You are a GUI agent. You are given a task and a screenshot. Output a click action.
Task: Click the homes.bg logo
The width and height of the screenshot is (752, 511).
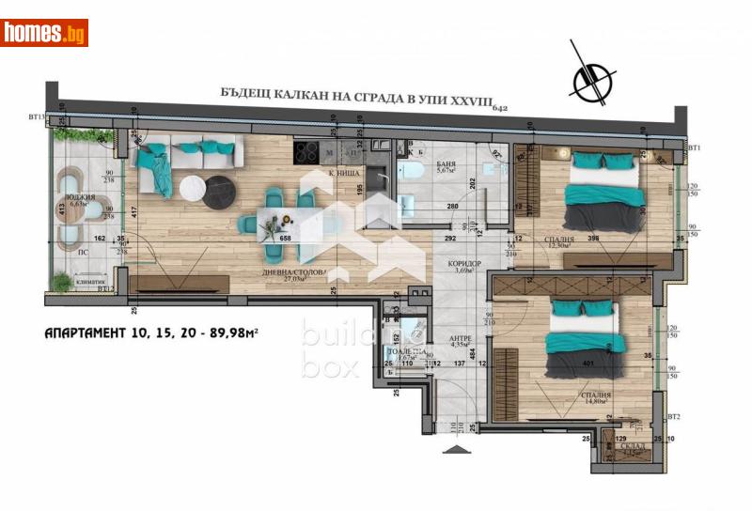(x=44, y=32)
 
